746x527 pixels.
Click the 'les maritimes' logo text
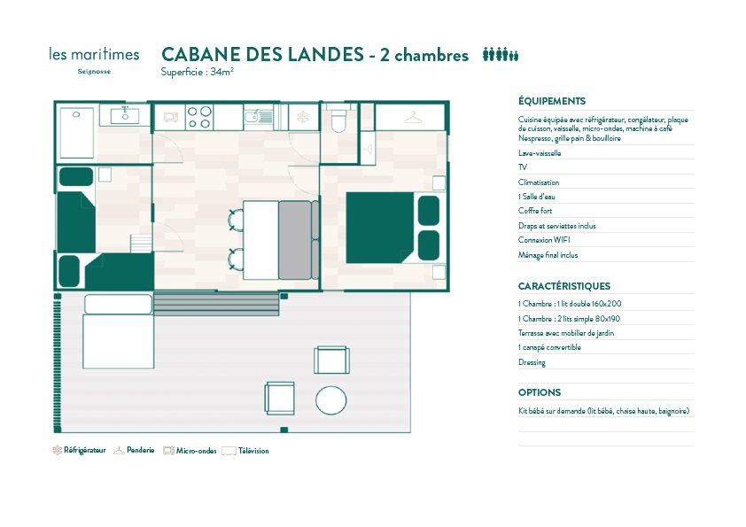(x=94, y=54)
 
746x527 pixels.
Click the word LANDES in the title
(x=326, y=55)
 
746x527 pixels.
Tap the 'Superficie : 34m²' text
(x=197, y=72)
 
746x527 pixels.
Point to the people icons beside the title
(x=501, y=55)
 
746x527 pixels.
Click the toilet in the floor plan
(x=338, y=119)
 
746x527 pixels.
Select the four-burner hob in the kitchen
(x=199, y=117)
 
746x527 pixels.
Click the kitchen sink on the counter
(x=259, y=117)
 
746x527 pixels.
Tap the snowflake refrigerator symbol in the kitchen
(x=303, y=117)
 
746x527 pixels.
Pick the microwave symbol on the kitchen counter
(x=171, y=117)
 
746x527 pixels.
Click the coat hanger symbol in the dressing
(x=413, y=117)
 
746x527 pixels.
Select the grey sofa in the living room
(x=299, y=240)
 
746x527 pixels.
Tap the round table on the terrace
(x=331, y=400)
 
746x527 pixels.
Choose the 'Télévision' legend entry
(x=245, y=451)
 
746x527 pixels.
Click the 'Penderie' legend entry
(x=134, y=450)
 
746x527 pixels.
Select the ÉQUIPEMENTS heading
(x=552, y=101)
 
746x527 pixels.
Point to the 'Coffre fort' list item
(x=535, y=210)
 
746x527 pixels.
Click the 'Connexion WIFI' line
(x=544, y=240)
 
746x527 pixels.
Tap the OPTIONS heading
(x=540, y=392)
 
